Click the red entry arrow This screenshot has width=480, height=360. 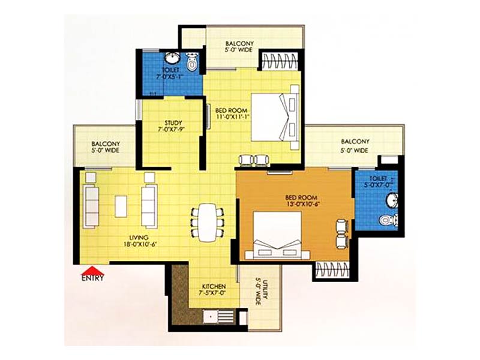coord(93,271)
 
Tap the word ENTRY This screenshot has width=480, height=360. coord(92,278)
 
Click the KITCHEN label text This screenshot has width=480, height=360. coord(214,287)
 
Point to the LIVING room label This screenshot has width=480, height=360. coord(139,237)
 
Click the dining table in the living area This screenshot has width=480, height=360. coord(207,222)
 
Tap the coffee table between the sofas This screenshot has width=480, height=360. coord(121,206)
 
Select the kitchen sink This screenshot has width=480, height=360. coord(211,316)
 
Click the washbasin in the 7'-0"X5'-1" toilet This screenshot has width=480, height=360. coord(173,58)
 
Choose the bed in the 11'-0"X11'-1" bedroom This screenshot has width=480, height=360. coord(275,117)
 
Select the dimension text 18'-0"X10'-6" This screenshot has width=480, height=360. coord(139,244)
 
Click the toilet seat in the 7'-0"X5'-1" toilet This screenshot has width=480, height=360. coord(192,62)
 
